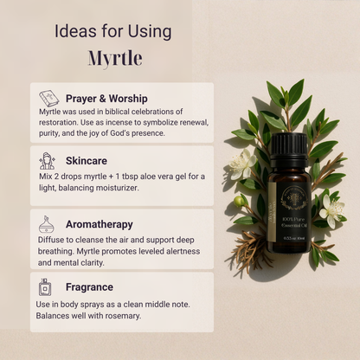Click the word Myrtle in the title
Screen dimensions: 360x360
[114, 58]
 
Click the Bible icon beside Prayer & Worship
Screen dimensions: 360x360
[48, 99]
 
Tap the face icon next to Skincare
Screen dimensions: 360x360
[48, 161]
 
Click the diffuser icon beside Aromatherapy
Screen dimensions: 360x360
[48, 223]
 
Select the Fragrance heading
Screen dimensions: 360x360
[89, 286]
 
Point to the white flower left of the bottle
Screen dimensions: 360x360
[241, 162]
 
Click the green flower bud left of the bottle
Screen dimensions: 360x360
[240, 201]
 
